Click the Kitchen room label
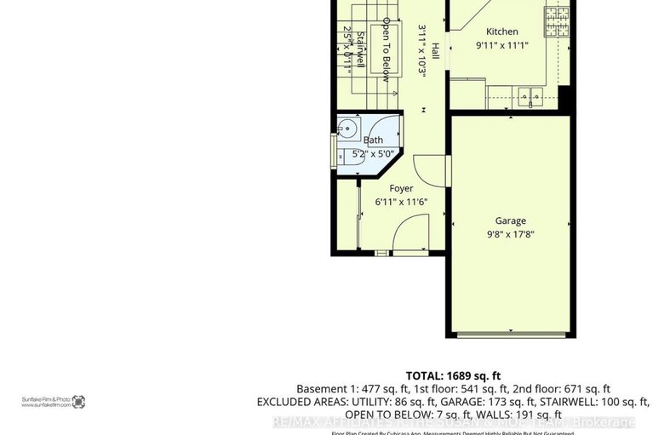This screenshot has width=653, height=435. (x=501, y=31)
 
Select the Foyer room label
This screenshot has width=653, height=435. (x=401, y=188)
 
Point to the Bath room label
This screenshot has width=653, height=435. (x=373, y=140)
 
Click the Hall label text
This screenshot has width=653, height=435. (x=435, y=50)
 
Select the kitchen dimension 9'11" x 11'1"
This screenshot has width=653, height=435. (x=501, y=45)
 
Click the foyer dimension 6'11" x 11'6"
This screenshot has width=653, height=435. (x=401, y=202)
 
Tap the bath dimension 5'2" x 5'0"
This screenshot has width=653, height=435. (x=373, y=154)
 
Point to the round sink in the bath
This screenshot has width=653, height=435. (x=347, y=130)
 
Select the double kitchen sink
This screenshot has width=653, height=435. (x=530, y=96)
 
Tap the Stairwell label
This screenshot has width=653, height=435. (x=360, y=51)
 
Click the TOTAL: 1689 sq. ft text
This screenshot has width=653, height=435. (x=452, y=375)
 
